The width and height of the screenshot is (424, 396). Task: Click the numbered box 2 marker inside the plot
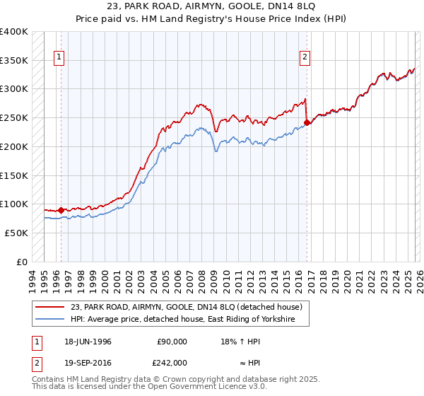click(305, 58)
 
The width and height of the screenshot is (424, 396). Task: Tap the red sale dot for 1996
click(61, 210)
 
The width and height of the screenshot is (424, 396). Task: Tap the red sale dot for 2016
click(307, 122)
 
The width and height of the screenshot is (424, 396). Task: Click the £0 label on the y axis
click(22, 262)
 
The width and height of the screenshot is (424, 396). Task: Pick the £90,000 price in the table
click(172, 342)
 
